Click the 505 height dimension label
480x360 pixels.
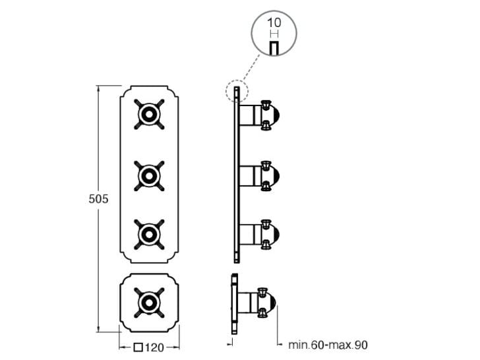tap(98, 198)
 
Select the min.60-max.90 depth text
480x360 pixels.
tap(327, 345)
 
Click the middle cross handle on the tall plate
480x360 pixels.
tap(149, 175)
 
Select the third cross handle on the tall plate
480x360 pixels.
tap(149, 233)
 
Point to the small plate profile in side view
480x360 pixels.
tap(232, 303)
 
